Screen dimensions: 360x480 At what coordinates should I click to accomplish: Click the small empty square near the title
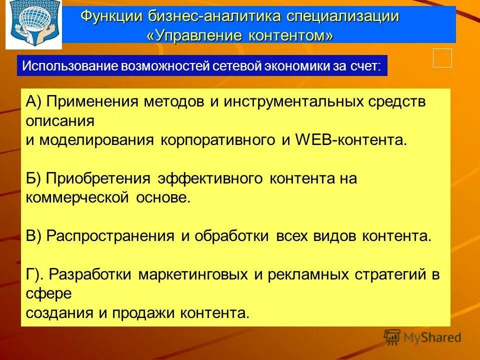442,58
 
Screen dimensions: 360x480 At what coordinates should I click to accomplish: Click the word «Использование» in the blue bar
68,66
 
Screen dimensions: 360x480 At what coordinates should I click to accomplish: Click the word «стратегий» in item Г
389,274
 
